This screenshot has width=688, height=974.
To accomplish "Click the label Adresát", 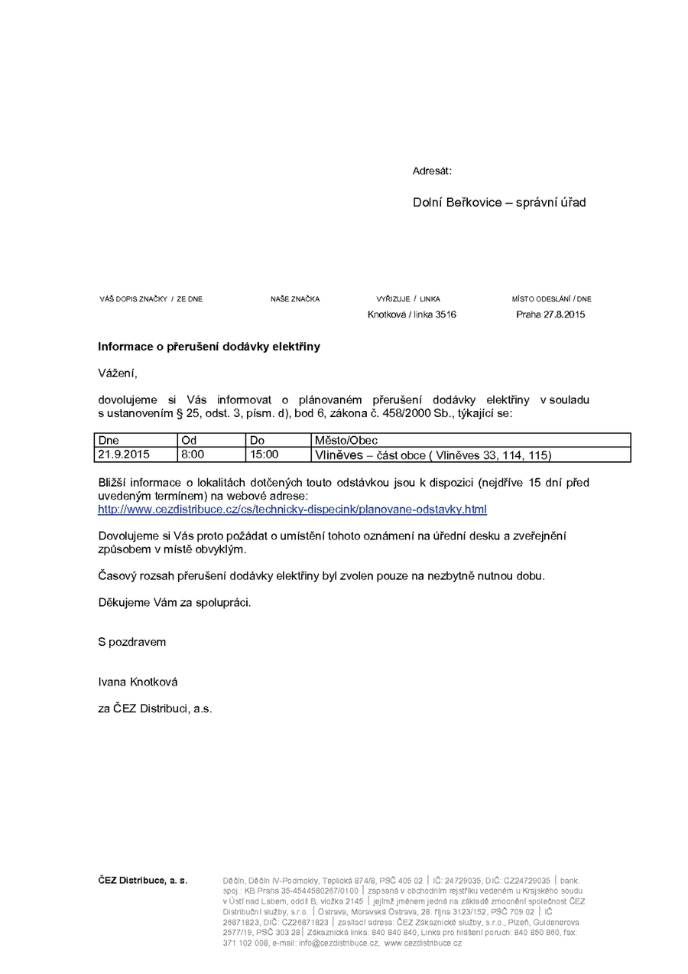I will (x=432, y=171).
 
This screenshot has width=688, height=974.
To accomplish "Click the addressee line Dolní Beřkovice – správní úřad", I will (x=499, y=203).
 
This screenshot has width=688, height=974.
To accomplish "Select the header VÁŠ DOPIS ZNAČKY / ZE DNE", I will (x=151, y=299).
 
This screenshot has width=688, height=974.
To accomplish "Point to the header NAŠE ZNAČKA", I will (x=295, y=299).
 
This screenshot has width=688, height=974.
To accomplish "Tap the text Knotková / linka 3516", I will (x=411, y=314).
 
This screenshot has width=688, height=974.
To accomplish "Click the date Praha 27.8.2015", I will (x=550, y=314).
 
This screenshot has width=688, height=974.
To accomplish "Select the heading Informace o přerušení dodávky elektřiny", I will (x=209, y=347).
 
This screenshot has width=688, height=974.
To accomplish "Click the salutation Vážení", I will (x=117, y=373).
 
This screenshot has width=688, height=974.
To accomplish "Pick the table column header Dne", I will (x=109, y=441).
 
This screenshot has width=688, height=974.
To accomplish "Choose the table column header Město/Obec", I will (x=346, y=441).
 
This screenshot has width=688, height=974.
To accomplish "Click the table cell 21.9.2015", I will (x=124, y=454).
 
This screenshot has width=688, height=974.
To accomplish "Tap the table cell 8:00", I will (x=193, y=454).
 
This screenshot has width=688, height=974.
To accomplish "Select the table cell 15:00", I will (x=264, y=454).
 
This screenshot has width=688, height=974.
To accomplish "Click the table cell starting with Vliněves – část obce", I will (x=433, y=455).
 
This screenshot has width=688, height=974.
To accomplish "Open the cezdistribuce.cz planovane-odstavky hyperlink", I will (x=292, y=510).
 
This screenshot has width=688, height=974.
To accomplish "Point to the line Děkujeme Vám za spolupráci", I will (x=174, y=602).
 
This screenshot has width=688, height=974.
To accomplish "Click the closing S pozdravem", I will (x=131, y=642).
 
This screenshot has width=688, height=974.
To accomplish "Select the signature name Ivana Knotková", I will (x=138, y=682).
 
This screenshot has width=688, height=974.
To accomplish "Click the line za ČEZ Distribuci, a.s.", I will (x=154, y=709).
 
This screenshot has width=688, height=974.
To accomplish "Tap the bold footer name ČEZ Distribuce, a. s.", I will (x=142, y=881).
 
